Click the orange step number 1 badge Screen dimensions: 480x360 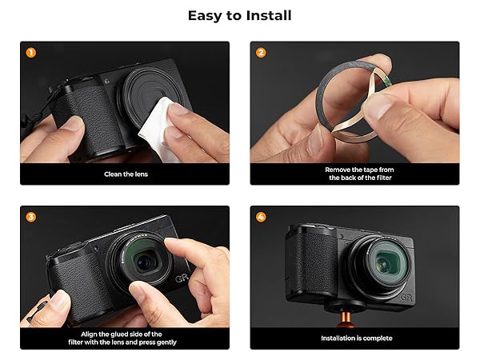coord(30,53)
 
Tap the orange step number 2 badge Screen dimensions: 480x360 coord(261,53)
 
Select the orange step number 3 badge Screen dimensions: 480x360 coord(30,217)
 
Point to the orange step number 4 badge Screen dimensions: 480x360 coord(261,217)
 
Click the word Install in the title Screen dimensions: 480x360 coord(269,16)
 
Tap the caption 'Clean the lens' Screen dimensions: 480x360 coord(126,174)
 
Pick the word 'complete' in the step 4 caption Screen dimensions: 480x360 coord(378,338)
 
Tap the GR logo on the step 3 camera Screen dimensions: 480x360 coord(182,278)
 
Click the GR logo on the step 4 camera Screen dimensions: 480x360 coord(406,298)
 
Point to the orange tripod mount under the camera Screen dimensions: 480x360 coord(346,319)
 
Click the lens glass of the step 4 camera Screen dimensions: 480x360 coord(386,262)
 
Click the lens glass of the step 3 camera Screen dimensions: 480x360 coord(145,261)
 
